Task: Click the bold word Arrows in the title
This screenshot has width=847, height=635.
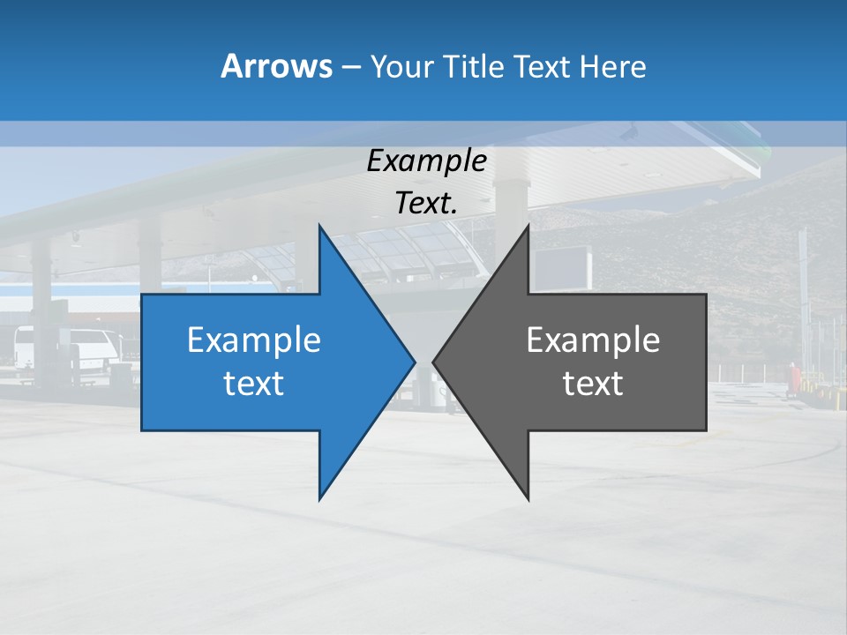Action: (275, 66)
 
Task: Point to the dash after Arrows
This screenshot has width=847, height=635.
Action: (350, 67)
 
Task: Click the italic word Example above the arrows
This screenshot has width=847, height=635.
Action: (426, 161)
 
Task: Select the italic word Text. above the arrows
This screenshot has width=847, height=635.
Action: (426, 203)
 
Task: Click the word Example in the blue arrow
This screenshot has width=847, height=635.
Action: (254, 340)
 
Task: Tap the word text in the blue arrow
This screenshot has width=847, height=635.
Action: (254, 384)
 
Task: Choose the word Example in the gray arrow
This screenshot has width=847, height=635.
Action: (593, 340)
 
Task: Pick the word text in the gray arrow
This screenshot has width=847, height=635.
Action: (593, 384)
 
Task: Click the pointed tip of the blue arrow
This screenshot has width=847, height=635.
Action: (414, 362)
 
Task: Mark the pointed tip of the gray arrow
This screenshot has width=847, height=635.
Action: (433, 362)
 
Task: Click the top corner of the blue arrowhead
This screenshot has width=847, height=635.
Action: (320, 227)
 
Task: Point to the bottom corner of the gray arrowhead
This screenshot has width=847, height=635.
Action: (528, 498)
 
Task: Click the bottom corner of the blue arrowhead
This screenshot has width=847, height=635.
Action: (320, 498)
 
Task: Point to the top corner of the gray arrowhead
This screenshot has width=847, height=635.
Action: (528, 227)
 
